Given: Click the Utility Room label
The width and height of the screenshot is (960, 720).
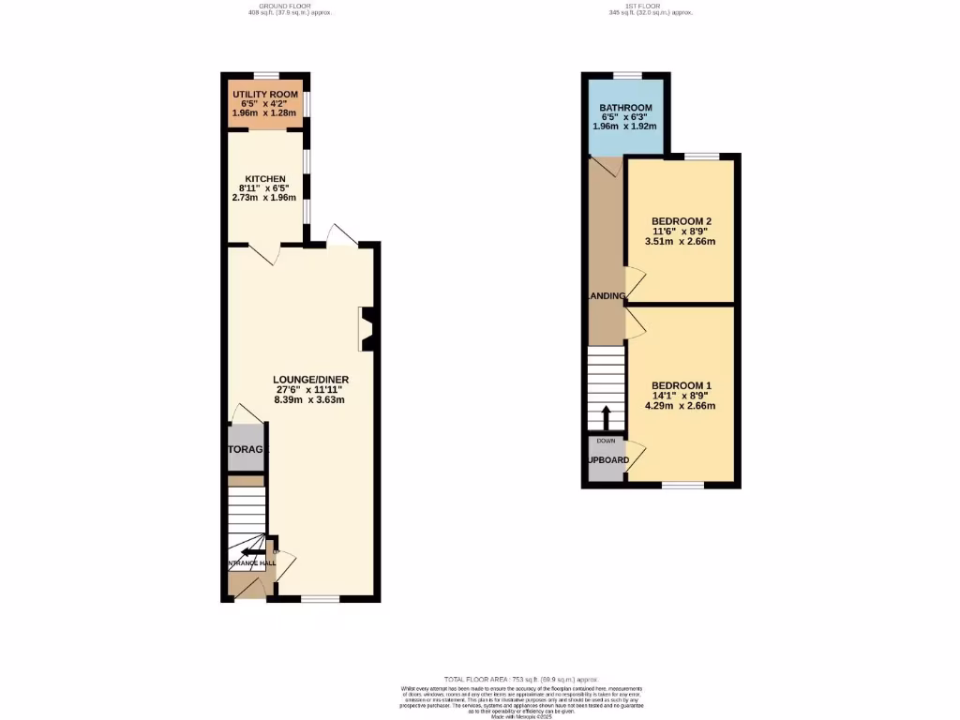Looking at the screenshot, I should [x=264, y=96].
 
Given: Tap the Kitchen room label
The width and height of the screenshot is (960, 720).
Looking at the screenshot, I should [x=264, y=178].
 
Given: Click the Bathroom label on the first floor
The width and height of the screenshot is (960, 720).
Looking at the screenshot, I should [x=625, y=108].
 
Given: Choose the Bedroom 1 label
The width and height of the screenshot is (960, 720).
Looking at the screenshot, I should [x=682, y=385].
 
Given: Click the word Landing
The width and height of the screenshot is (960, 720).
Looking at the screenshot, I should [x=607, y=296].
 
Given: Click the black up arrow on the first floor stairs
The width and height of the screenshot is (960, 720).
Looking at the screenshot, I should [x=606, y=416].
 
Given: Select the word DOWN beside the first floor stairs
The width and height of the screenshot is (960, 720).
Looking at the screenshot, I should [x=606, y=440].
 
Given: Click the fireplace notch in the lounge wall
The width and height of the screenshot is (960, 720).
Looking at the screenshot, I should [x=367, y=329].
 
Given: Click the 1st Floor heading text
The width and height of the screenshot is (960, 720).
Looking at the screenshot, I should [x=650, y=6].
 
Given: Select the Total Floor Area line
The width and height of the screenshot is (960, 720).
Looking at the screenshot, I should [x=520, y=678].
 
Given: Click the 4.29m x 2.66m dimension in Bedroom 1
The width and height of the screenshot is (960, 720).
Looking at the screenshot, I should [x=682, y=406].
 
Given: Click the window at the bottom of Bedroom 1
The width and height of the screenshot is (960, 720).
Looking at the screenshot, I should [x=682, y=485].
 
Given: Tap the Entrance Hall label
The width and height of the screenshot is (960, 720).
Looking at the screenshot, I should [x=251, y=563].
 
